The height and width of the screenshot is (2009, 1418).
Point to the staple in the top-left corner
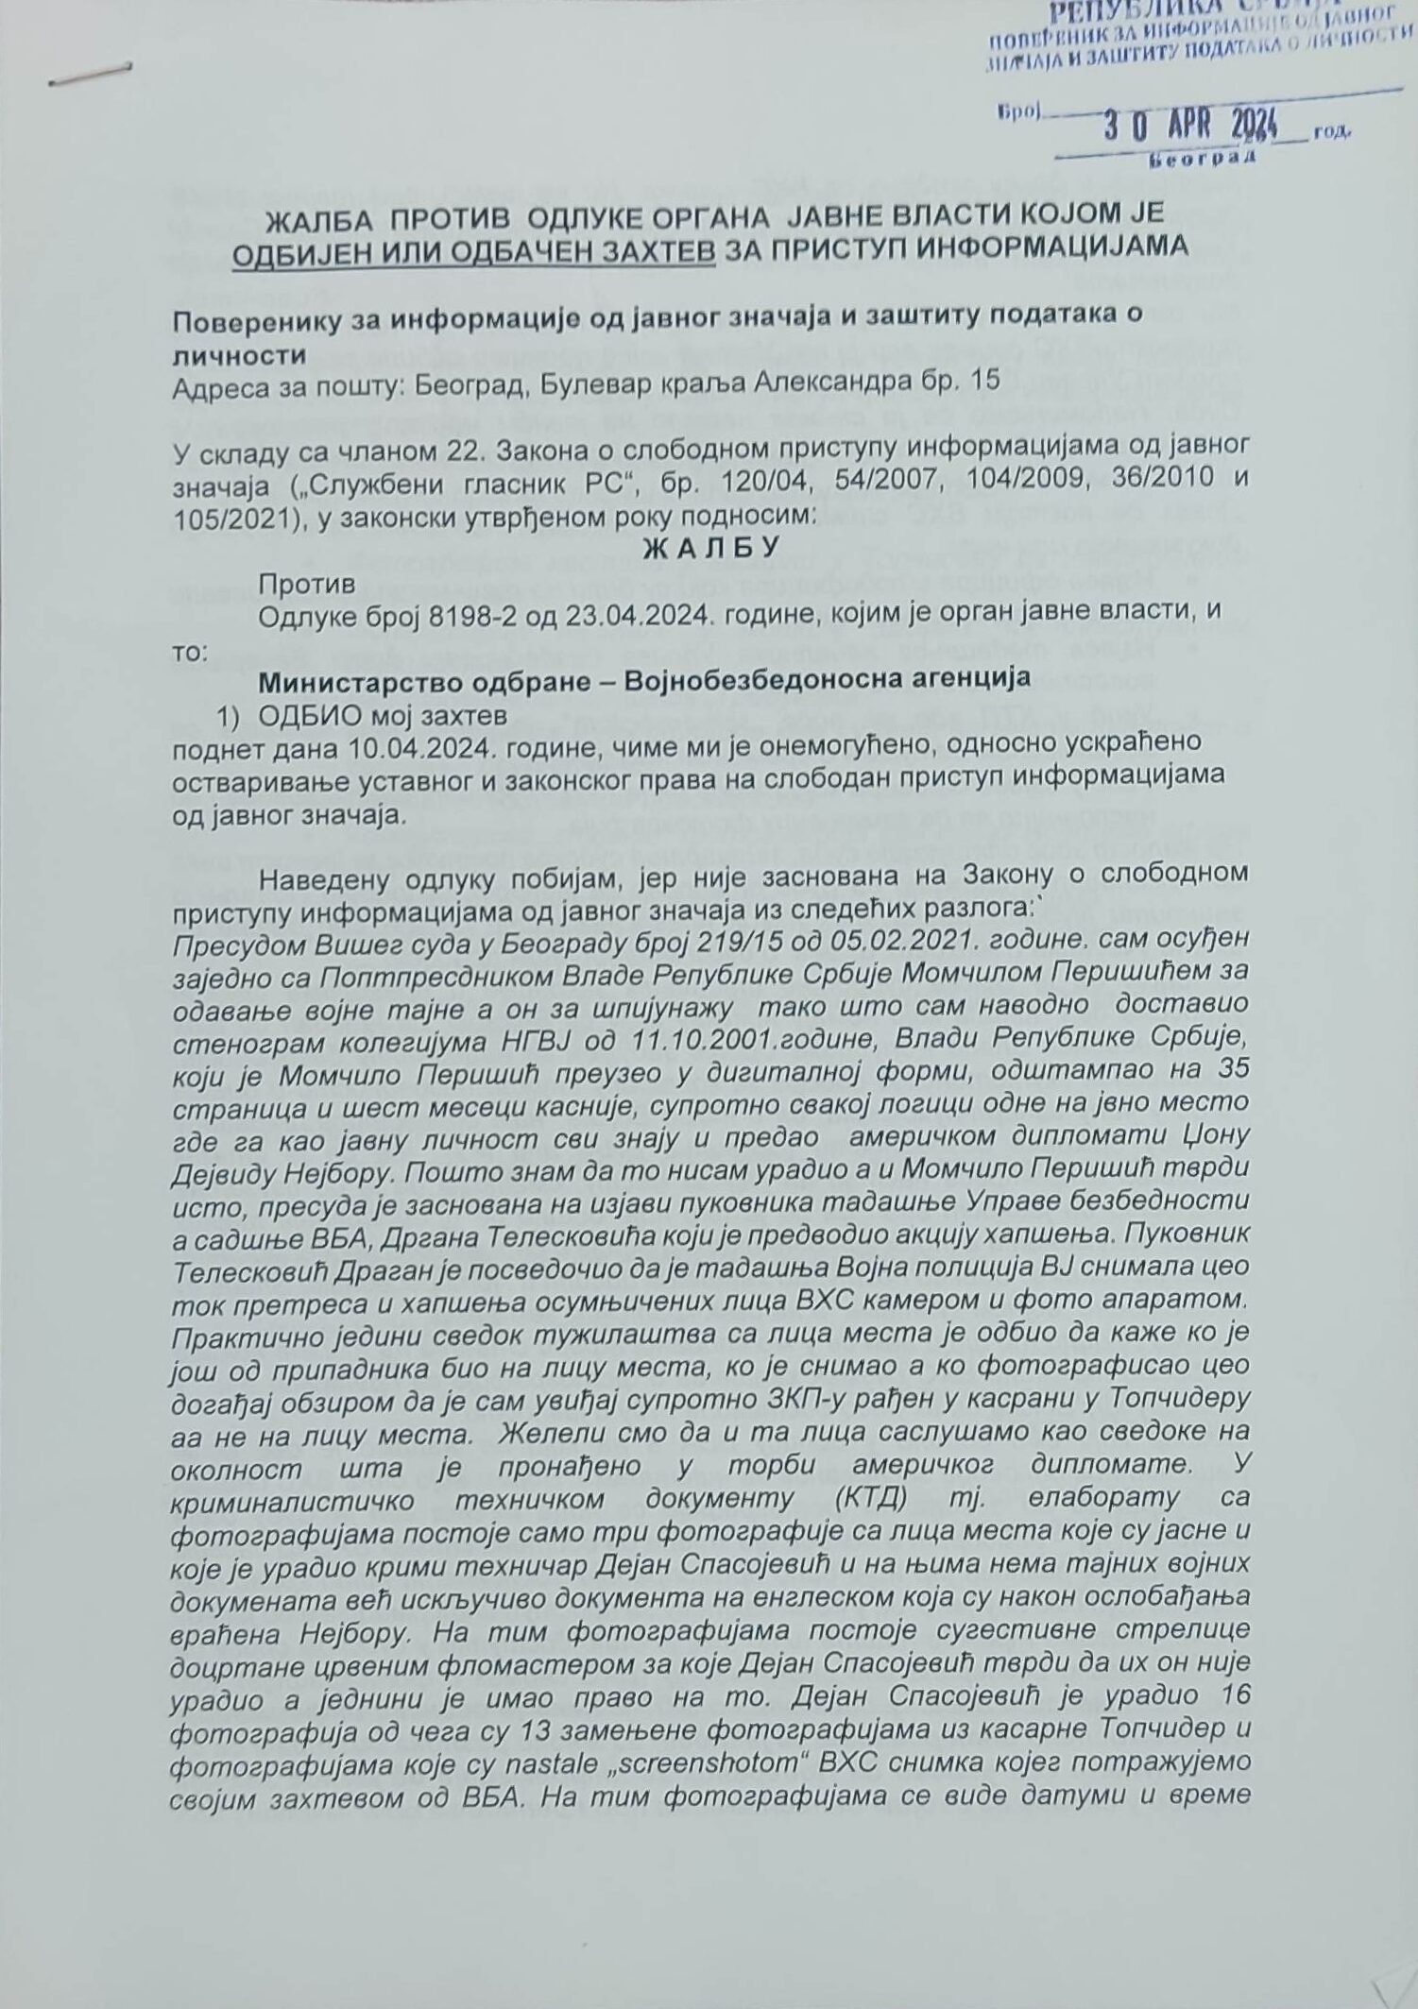(90, 75)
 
